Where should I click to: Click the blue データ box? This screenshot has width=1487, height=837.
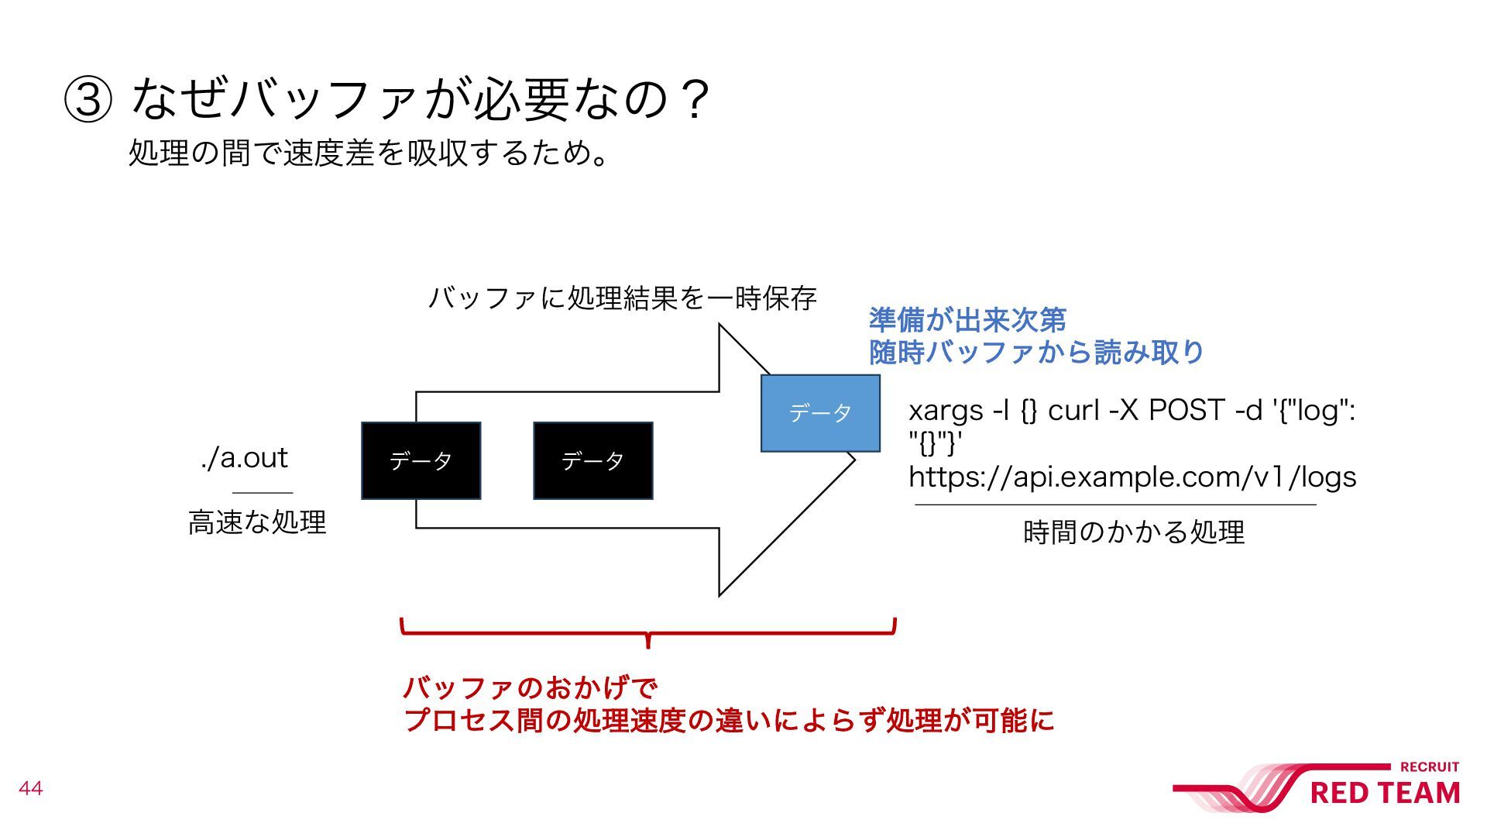[x=820, y=413]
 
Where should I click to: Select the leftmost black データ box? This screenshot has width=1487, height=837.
[x=421, y=460]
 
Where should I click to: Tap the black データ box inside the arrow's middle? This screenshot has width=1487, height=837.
[x=592, y=460]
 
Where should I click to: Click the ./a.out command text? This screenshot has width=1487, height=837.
[x=244, y=458]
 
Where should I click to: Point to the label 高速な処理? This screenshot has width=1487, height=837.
[x=257, y=522]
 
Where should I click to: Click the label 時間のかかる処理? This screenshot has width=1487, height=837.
[x=1133, y=532]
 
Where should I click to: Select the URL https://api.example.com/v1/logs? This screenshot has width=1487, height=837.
[x=1132, y=477]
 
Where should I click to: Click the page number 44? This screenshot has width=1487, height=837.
[x=30, y=789]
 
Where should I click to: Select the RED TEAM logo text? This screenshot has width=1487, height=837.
[x=1385, y=794]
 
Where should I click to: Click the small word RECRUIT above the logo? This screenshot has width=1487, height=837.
[x=1430, y=767]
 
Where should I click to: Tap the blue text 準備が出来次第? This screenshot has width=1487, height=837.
[x=967, y=319]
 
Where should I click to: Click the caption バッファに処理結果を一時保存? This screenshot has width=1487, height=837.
[x=622, y=298]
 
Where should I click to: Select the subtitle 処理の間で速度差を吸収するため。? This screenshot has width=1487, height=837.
[x=369, y=153]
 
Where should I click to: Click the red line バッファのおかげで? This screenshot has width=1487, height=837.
[x=530, y=687]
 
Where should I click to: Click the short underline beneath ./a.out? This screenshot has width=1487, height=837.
[x=263, y=492]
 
